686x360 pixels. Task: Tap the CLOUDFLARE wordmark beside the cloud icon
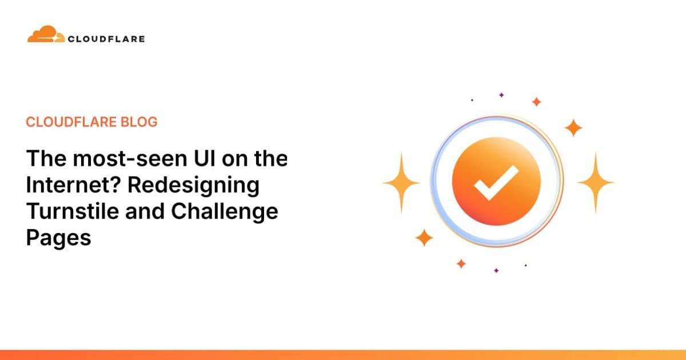(106, 39)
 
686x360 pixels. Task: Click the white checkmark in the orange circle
(496, 182)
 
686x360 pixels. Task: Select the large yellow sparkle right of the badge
(595, 182)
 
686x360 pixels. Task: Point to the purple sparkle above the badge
(501, 95)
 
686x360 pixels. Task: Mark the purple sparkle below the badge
(496, 270)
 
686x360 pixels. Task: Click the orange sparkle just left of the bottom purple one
(461, 263)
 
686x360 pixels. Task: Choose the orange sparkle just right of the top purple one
(536, 102)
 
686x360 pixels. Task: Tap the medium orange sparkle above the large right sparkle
(573, 127)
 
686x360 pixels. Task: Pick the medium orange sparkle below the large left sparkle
(424, 237)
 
